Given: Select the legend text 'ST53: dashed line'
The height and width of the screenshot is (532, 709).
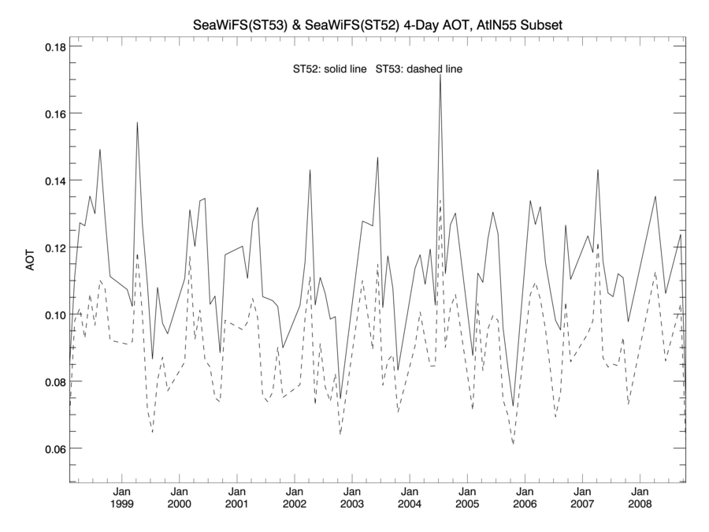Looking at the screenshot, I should (419, 69).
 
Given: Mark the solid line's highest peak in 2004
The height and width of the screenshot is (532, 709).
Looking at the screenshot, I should (440, 74).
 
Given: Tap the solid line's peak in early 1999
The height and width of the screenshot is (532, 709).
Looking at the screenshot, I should (137, 122).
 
